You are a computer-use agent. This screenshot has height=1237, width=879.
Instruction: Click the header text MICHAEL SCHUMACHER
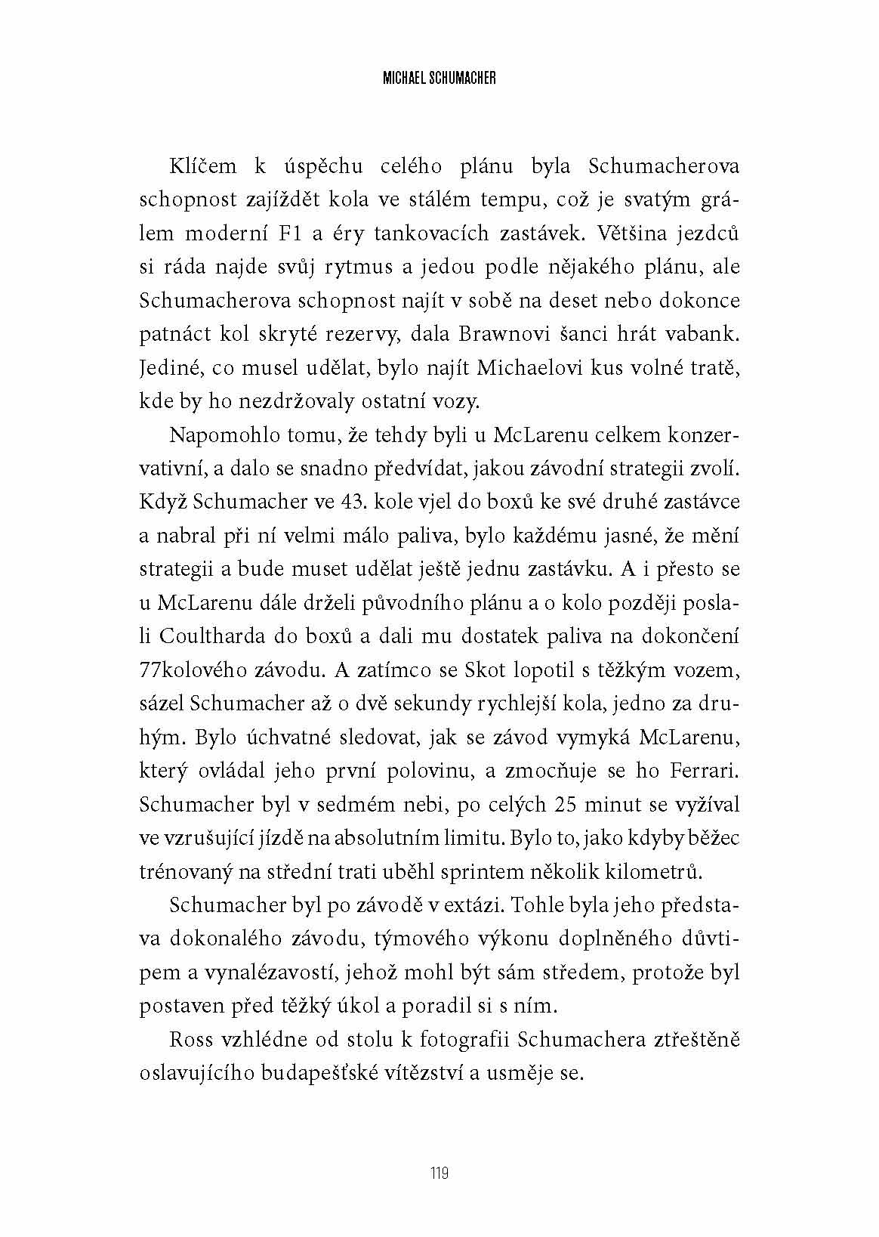pos(439,78)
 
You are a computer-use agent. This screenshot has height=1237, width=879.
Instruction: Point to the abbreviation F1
pos(291,233)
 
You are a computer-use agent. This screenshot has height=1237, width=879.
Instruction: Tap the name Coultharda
pos(203,636)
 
